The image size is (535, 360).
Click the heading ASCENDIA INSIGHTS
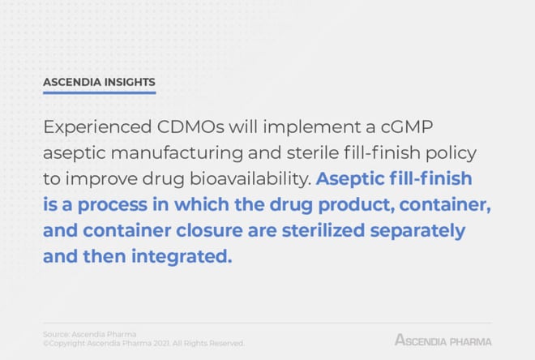(99, 82)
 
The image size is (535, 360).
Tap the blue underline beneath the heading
(99, 92)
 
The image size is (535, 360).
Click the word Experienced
(97, 127)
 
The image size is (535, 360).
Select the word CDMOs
(190, 127)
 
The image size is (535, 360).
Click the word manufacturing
(177, 152)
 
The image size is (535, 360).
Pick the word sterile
(313, 152)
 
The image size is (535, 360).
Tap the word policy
(451, 153)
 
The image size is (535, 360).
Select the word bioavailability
(250, 179)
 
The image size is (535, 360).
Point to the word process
(113, 205)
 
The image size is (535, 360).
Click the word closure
(209, 230)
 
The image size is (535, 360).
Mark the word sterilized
(323, 230)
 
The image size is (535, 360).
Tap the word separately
(417, 231)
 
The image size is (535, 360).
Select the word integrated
(182, 256)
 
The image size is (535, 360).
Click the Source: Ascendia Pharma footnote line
(90, 334)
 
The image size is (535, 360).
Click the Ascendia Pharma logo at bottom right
(443, 341)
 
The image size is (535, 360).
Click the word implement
(312, 127)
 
